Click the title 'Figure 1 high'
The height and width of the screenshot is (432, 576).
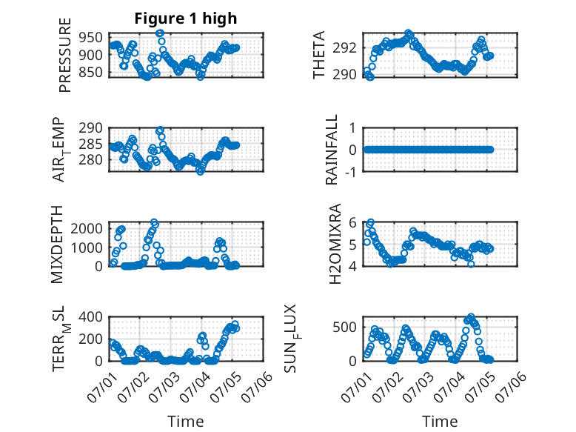click(186, 19)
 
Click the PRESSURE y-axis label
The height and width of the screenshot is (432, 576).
click(64, 55)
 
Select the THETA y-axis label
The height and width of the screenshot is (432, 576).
click(319, 55)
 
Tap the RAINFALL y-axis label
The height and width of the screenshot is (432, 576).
click(332, 150)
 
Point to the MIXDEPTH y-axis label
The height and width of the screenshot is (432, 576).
click(57, 245)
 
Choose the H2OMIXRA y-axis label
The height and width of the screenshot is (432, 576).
click(335, 244)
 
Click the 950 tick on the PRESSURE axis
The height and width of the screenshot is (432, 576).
click(90, 38)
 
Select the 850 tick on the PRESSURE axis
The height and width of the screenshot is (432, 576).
click(90, 72)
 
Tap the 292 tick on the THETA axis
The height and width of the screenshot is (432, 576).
click(344, 48)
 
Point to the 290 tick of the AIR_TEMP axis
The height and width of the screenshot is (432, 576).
click(90, 128)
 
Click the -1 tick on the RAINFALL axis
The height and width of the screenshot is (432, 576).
click(350, 172)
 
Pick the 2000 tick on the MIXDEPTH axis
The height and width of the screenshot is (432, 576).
click(87, 229)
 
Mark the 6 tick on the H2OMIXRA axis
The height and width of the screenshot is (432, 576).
click(352, 222)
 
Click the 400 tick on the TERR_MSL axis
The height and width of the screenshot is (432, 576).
click(90, 316)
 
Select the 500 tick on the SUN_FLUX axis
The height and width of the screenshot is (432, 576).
click(344, 327)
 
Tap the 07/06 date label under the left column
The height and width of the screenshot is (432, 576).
click(257, 387)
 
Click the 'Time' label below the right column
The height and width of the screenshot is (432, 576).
click(440, 421)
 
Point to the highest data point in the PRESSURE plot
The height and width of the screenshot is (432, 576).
click(159, 33)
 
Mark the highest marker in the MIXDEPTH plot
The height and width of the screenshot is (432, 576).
click(154, 222)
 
